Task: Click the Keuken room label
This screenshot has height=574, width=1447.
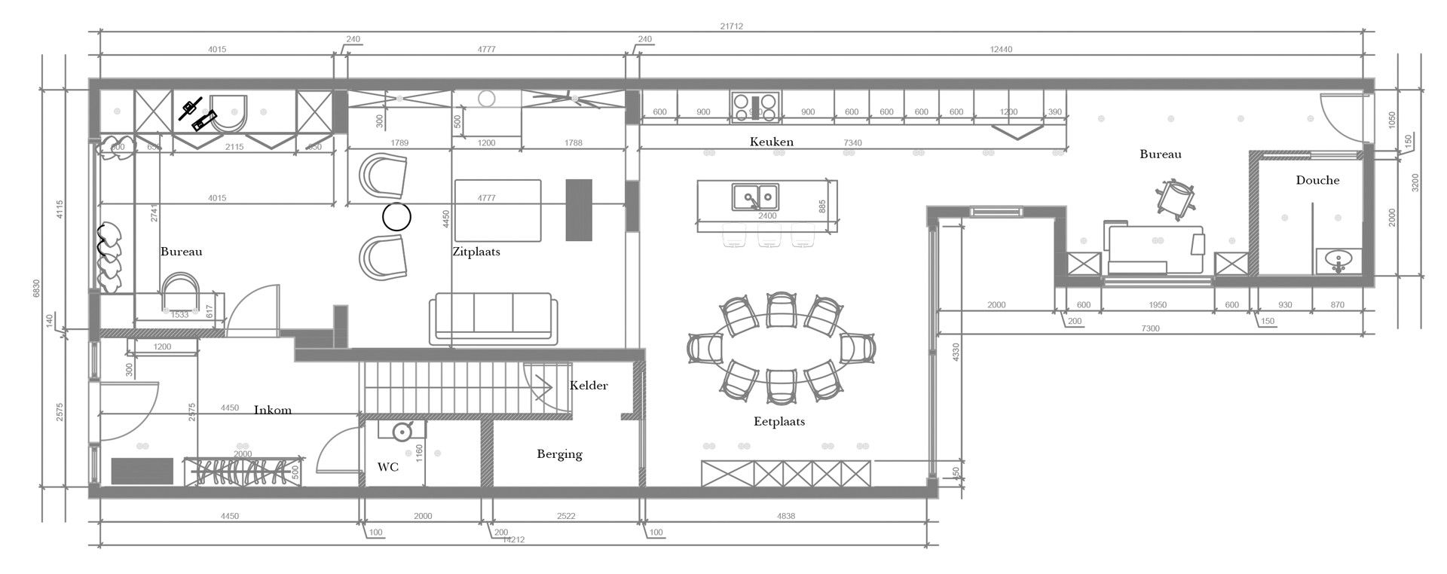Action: point(771,142)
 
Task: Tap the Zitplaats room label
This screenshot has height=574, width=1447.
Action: point(476,252)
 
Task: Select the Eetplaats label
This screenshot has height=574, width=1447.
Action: point(779,421)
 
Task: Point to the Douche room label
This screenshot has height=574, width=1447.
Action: point(1317,180)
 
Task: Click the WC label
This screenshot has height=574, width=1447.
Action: point(387,467)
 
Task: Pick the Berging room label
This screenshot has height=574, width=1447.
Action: point(559,453)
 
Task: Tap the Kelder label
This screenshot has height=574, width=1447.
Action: point(589,385)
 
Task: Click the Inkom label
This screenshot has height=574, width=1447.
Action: point(272,410)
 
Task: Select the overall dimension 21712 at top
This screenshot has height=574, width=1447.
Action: point(731,26)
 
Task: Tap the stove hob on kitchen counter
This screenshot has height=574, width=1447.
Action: point(754,107)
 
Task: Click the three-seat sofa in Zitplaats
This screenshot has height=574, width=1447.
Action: point(494,320)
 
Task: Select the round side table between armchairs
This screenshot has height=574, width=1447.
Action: point(396,217)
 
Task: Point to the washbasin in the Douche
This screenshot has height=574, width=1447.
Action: point(1338,261)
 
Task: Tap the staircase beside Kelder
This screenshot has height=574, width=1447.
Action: point(445,387)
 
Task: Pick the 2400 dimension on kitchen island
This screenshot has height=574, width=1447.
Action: point(767,216)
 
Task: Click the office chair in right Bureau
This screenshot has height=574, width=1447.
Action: point(1175,199)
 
